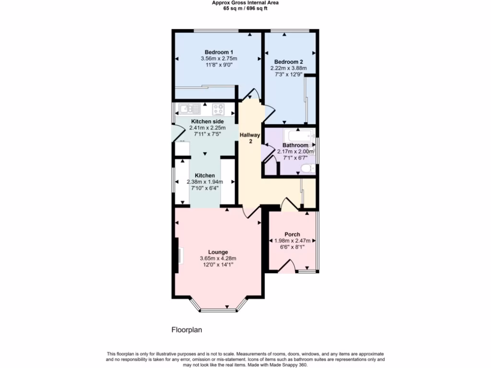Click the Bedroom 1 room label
pyautogui.click(x=219, y=52)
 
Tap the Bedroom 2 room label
pyautogui.click(x=288, y=62)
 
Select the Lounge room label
pyautogui.click(x=218, y=252)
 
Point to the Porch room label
pyautogui.click(x=292, y=234)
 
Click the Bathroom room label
pyautogui.click(x=295, y=145)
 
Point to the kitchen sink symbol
pyautogui.click(x=185, y=108)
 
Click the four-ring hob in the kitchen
pyautogui.click(x=218, y=108)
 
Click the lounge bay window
pyautogui.click(x=218, y=310)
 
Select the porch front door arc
pyautogui.click(x=287, y=266)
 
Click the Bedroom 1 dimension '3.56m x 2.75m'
pyautogui.click(x=219, y=58)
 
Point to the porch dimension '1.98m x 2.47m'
pyautogui.click(x=292, y=241)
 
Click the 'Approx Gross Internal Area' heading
pyautogui.click(x=245, y=2)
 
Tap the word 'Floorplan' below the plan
pyautogui.click(x=187, y=330)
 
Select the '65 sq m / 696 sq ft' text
pyautogui.click(x=245, y=8)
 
